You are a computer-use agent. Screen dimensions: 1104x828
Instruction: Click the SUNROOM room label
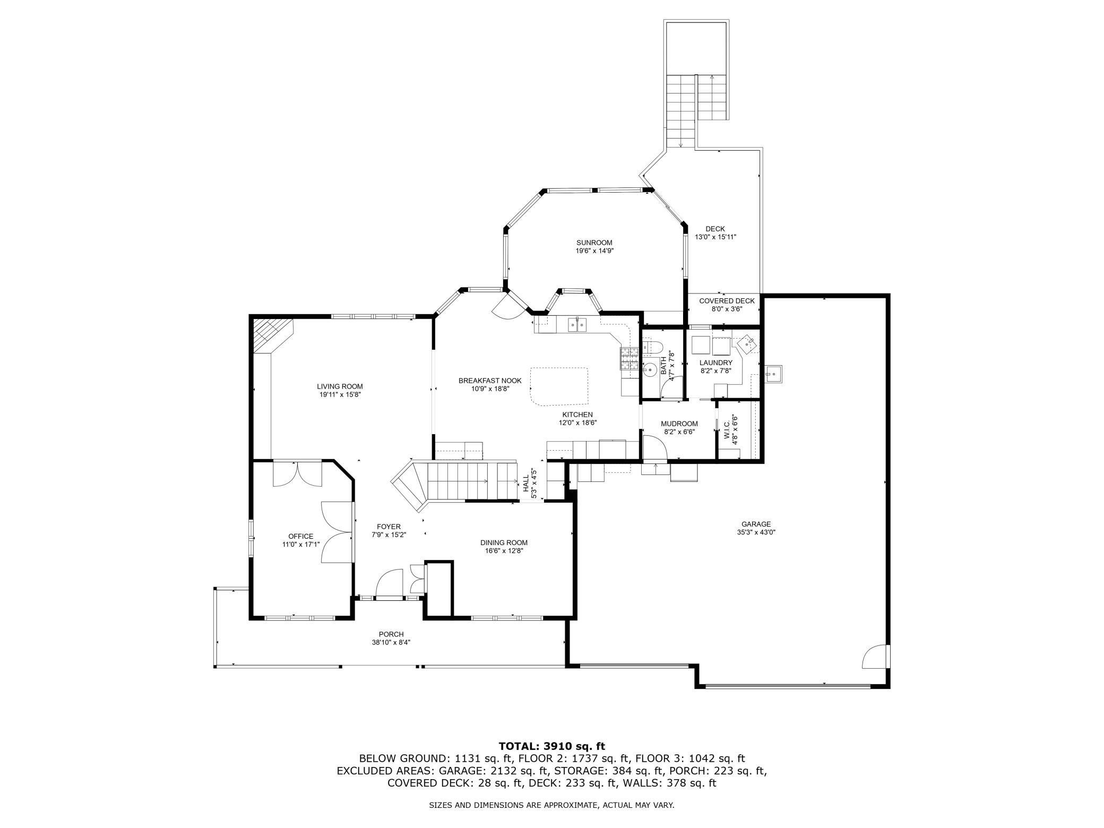pos(594,243)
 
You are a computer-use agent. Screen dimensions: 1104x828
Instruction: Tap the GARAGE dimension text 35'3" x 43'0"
pos(756,532)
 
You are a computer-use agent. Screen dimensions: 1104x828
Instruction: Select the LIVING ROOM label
pos(340,386)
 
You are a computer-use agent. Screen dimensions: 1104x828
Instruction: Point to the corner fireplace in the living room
pos(272,335)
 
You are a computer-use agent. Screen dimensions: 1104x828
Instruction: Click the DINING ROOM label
pos(504,542)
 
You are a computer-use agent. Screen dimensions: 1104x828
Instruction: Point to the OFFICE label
pos(301,536)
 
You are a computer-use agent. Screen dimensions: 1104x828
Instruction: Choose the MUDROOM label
pos(679,424)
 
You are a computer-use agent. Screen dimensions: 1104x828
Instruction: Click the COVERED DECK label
pos(727,301)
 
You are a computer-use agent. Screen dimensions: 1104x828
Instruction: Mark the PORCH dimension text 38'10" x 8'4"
pos(391,642)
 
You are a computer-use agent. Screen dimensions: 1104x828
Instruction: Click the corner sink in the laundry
pos(748,343)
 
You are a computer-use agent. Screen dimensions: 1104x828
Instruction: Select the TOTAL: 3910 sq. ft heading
pos(552,746)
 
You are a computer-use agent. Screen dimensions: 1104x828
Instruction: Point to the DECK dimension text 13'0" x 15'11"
pos(715,237)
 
